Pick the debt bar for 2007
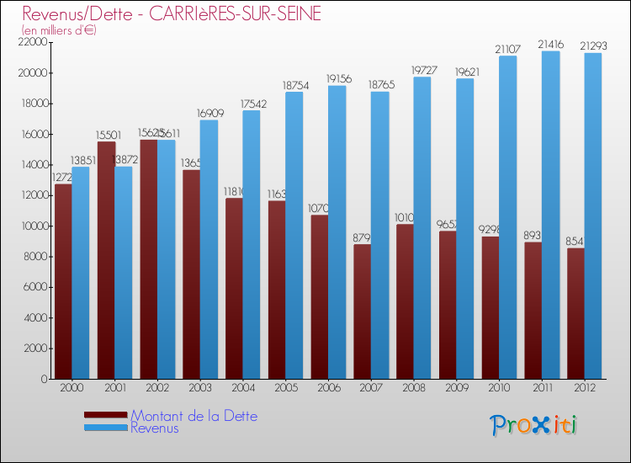(362, 311)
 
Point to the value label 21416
(551, 45)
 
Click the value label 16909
(209, 114)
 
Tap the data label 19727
(422, 71)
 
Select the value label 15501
(106, 135)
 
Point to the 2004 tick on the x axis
(242, 388)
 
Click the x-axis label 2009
(456, 388)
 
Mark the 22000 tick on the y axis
(34, 42)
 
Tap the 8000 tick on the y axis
(36, 257)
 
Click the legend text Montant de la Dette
(194, 416)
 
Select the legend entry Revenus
(155, 428)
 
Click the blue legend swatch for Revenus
(106, 428)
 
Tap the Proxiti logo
(534, 425)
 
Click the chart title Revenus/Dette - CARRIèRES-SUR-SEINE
(172, 14)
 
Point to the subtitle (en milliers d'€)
(59, 30)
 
